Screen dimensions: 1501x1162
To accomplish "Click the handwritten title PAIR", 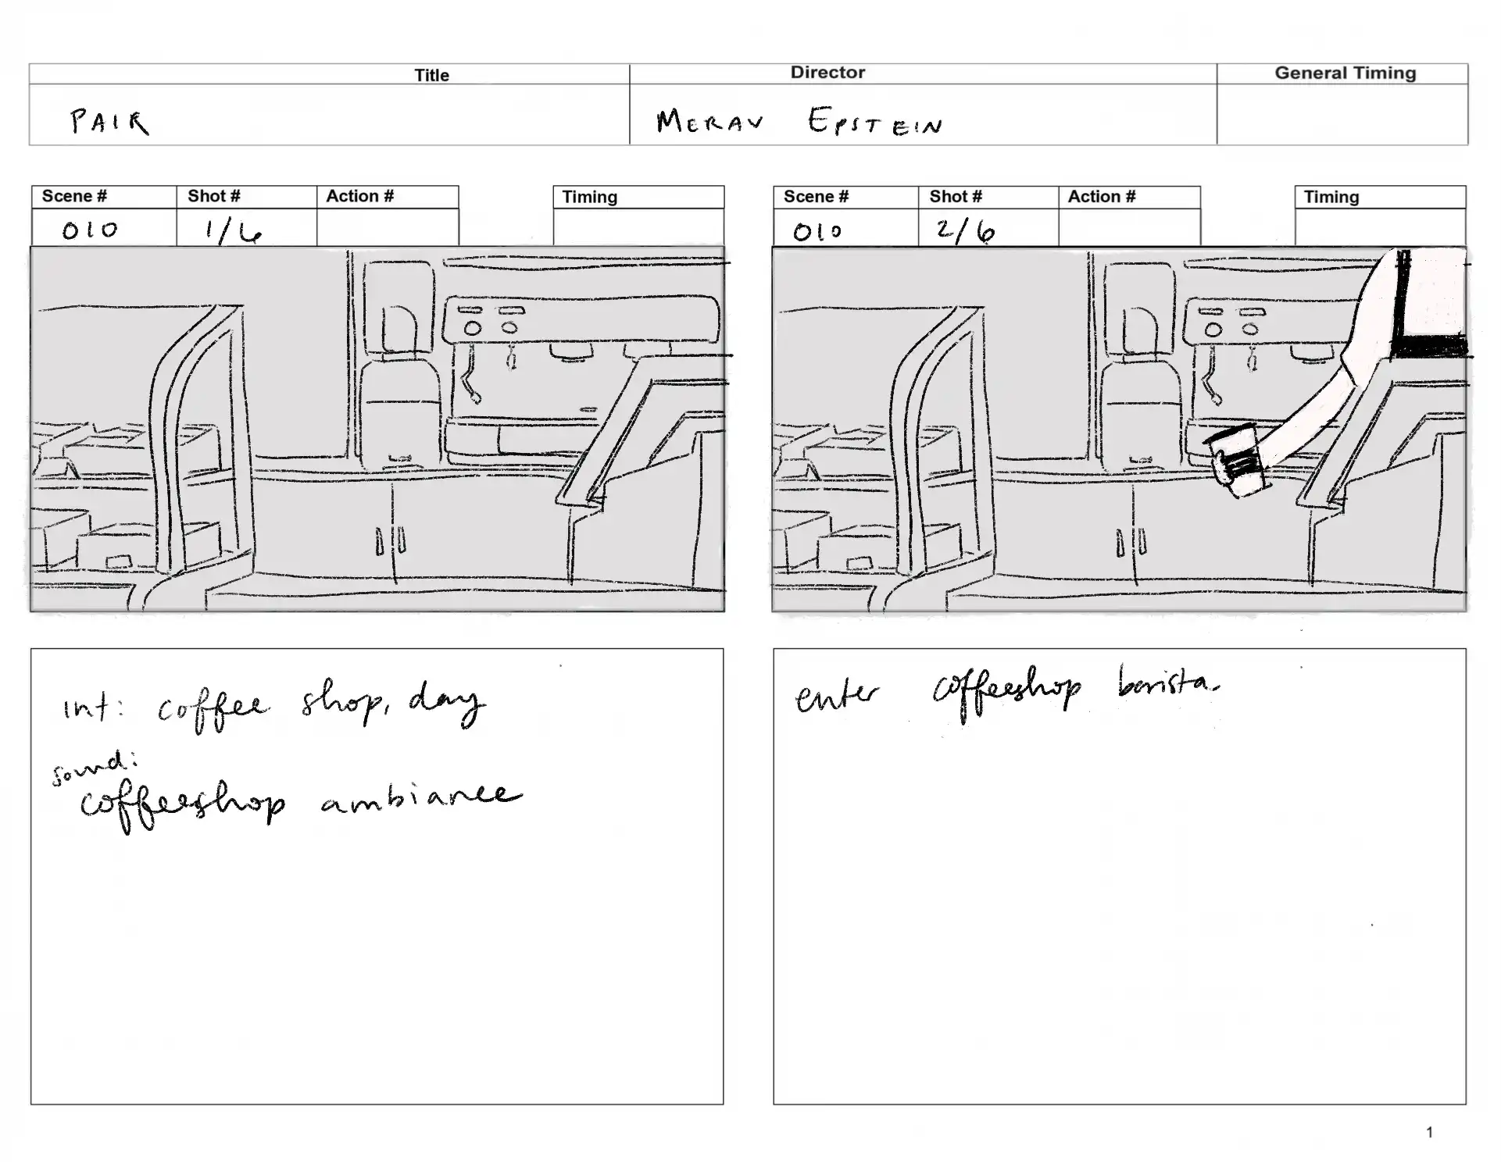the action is pyautogui.click(x=109, y=123).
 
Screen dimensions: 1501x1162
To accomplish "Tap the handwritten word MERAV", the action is pyautogui.click(x=709, y=122).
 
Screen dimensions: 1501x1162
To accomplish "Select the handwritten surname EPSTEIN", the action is pyautogui.click(x=875, y=122).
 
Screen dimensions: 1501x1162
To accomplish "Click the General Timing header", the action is pyautogui.click(x=1345, y=73).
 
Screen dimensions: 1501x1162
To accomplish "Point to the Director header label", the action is pyautogui.click(x=827, y=73).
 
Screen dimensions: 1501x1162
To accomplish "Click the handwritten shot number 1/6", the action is pyautogui.click(x=232, y=231).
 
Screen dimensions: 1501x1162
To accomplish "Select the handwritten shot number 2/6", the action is pyautogui.click(x=966, y=231).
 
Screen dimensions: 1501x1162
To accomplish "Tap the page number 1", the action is pyautogui.click(x=1429, y=1132).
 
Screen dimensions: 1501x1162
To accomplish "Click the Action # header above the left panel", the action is pyautogui.click(x=359, y=197).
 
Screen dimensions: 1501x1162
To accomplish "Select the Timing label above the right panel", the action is pyautogui.click(x=1331, y=198).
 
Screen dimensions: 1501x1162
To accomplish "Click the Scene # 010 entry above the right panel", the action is pyautogui.click(x=817, y=232).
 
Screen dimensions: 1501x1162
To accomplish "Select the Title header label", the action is pyautogui.click(x=431, y=76).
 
